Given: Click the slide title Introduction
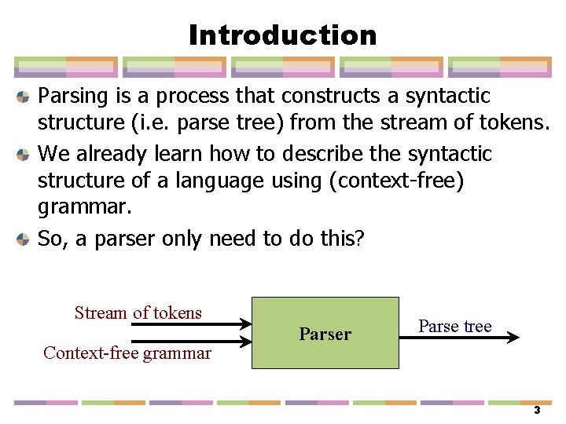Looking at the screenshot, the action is (x=283, y=35).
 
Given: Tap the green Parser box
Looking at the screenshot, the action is (x=325, y=333).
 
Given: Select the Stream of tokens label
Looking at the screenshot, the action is (x=138, y=313).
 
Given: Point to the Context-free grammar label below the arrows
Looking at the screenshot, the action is (x=127, y=353).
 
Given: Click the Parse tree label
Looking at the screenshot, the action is (x=455, y=326).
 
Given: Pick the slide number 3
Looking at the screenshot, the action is (x=537, y=410).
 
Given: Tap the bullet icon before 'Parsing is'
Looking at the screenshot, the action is (x=24, y=97).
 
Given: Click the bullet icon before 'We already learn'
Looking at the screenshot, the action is (x=24, y=155).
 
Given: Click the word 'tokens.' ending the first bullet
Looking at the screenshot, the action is (x=520, y=125).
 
